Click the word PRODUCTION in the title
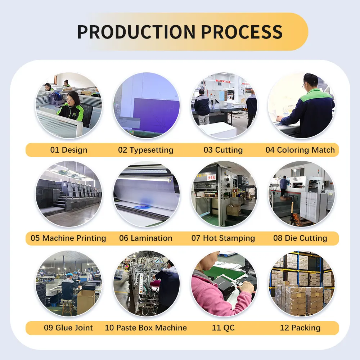click(136, 32)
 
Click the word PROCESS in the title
click(242, 32)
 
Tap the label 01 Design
click(69, 150)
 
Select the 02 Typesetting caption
click(146, 150)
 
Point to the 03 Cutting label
click(223, 150)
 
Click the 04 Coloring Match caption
click(300, 150)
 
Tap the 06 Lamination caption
click(146, 238)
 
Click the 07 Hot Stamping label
click(223, 238)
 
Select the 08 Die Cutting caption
click(300, 238)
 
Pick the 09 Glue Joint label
click(68, 328)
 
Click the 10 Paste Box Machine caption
click(146, 328)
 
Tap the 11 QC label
click(223, 328)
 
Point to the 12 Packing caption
click(300, 328)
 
